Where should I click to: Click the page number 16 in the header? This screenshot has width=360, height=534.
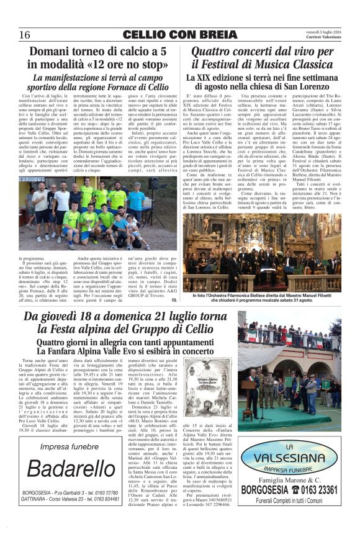tap(25, 34)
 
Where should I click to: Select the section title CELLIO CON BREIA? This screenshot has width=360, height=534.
tap(179, 34)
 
